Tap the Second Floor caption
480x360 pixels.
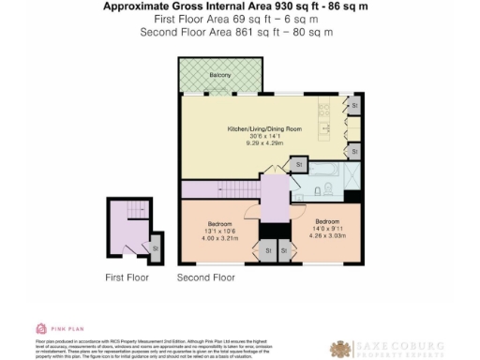(x=205, y=278)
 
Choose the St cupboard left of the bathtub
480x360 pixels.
(x=298, y=165)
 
